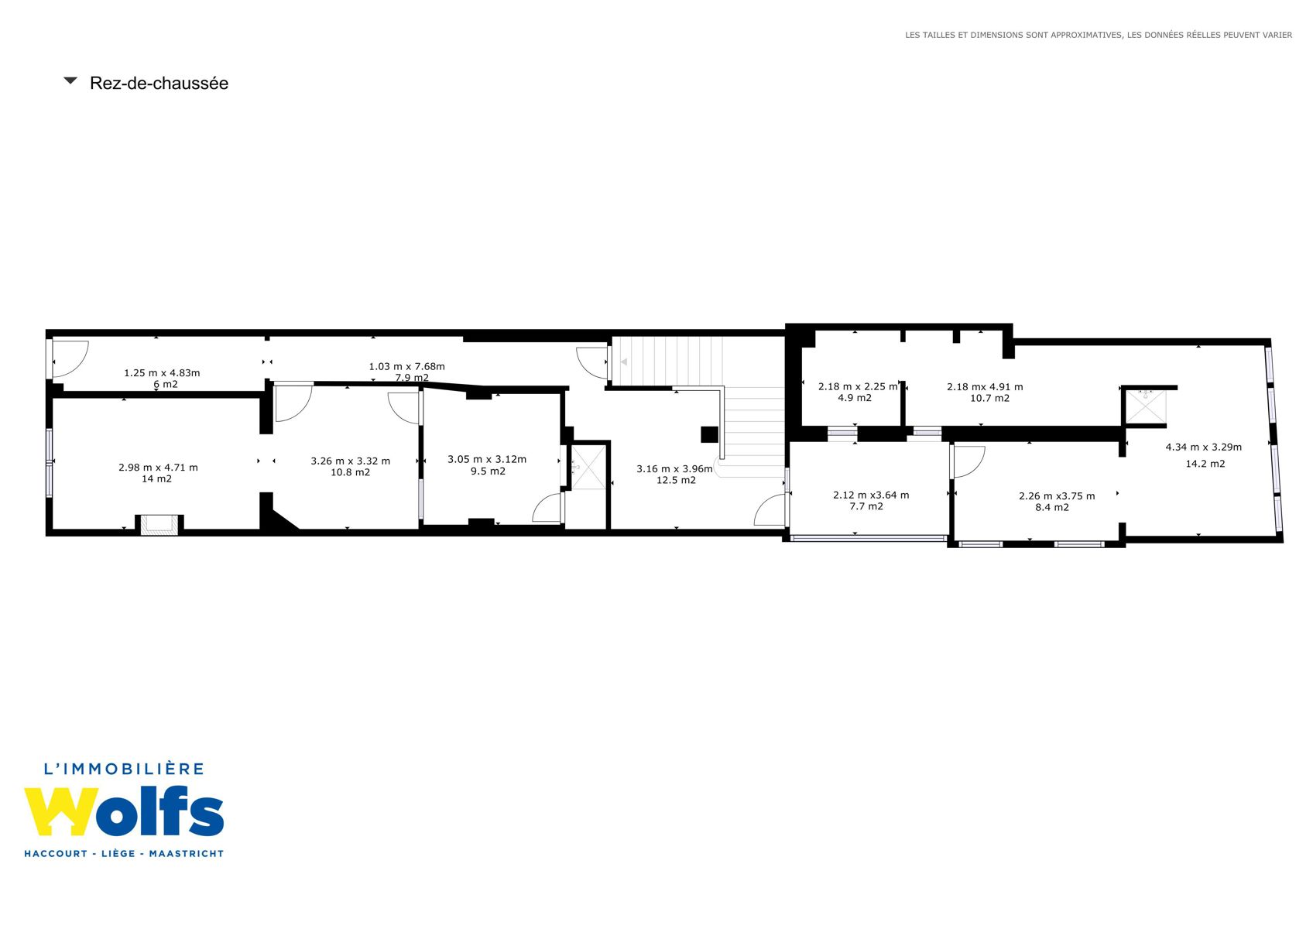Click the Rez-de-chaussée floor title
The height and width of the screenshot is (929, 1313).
[159, 84]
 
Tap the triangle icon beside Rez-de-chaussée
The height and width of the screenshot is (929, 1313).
[70, 81]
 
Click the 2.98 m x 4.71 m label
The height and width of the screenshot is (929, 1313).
[158, 468]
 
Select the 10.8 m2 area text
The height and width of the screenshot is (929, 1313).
[351, 472]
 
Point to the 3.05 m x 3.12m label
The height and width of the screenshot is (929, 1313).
[487, 460]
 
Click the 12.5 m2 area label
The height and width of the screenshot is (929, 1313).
[676, 481]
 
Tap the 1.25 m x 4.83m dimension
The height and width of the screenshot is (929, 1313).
[162, 373]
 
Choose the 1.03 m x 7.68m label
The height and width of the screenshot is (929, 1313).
[406, 367]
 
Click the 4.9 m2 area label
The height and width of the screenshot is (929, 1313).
[855, 398]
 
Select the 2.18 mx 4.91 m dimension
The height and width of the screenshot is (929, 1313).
[985, 387]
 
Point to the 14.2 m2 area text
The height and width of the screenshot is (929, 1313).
[1205, 464]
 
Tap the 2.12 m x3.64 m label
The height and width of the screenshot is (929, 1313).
[871, 495]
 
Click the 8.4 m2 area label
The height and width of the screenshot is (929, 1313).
[1052, 508]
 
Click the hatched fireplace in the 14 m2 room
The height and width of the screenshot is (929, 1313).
[159, 525]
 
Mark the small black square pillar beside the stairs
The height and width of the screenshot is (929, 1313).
[709, 434]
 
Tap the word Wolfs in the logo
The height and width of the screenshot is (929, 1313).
[124, 812]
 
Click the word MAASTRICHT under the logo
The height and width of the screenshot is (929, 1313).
[187, 853]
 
